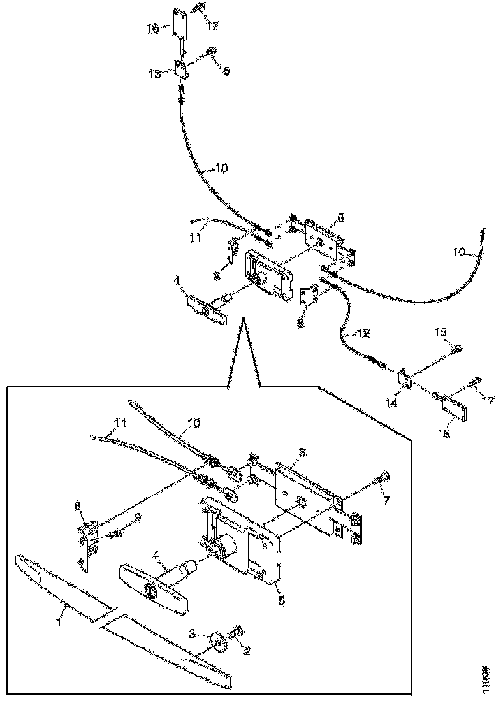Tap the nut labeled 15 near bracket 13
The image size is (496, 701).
pos(211,51)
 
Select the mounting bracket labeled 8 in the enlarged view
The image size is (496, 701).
pos(86,541)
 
